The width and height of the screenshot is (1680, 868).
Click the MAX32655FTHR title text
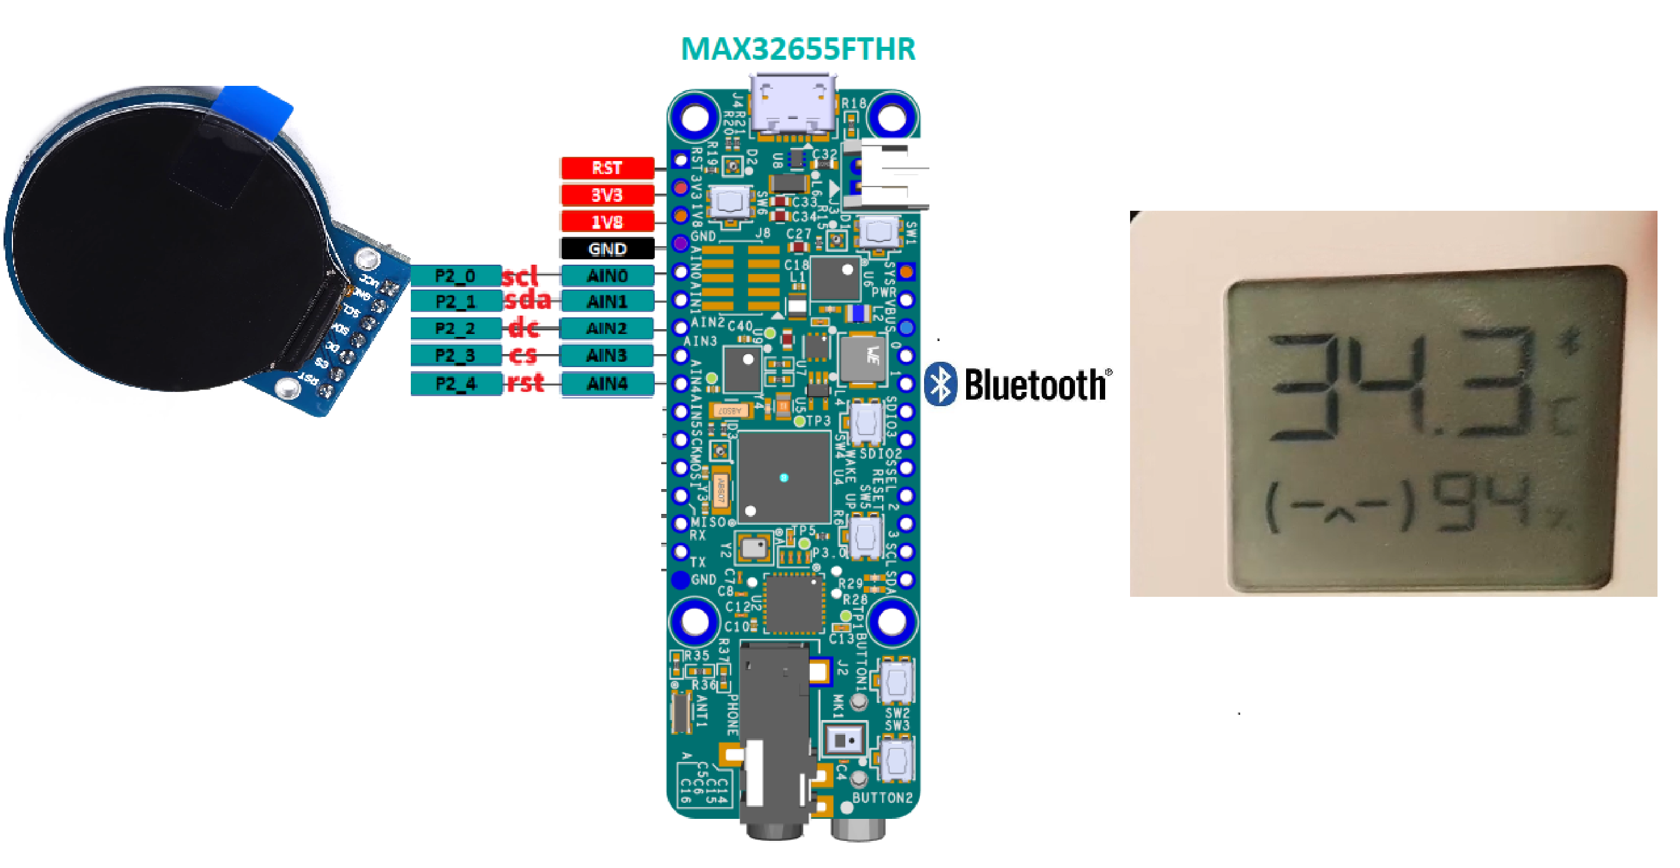[797, 50]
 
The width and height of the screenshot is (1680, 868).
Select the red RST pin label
[607, 168]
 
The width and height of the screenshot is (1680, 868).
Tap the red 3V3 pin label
[607, 195]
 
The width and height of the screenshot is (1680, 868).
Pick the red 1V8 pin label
[607, 221]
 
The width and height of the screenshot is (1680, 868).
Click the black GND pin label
[607, 249]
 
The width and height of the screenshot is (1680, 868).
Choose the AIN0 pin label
[607, 276]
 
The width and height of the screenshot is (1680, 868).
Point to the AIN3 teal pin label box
[607, 355]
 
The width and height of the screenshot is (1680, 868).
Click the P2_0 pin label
[455, 276]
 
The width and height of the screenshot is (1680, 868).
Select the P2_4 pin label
[455, 384]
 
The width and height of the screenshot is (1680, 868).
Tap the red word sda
[527, 301]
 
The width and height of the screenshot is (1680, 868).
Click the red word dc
[524, 328]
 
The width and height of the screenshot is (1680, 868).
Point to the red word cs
[523, 355]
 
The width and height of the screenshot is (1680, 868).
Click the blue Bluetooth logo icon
[941, 384]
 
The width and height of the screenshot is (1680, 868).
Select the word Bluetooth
[1036, 385]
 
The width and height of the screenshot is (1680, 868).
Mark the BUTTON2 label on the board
[882, 798]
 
